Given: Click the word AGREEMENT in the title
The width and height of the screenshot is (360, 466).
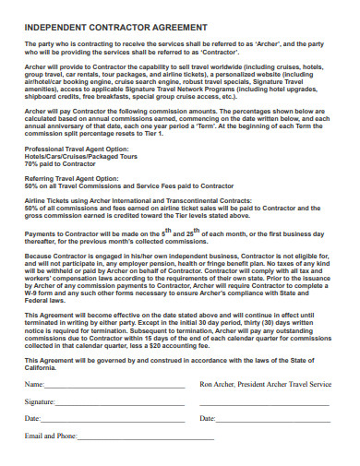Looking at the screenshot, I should pos(173,27).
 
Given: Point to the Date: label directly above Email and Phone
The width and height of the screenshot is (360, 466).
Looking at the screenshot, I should pos(31,418).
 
